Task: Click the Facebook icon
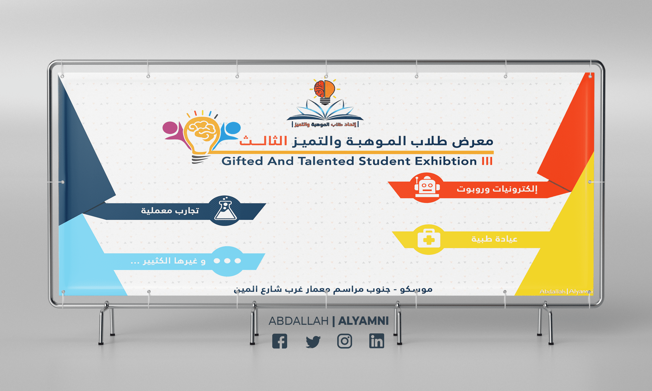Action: [x=280, y=341]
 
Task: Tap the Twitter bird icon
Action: [x=313, y=341]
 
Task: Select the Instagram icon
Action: [x=345, y=341]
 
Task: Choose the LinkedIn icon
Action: [x=377, y=341]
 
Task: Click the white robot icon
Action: [x=427, y=187]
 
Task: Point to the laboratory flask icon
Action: [x=225, y=210]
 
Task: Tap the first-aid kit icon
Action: [x=429, y=239]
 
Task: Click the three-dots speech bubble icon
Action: [x=227, y=261]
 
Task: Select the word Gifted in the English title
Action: [x=242, y=161]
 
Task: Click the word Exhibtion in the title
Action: [x=446, y=161]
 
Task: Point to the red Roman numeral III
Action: [x=487, y=161]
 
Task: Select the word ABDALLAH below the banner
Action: [x=299, y=321]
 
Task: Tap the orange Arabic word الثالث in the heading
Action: [x=263, y=142]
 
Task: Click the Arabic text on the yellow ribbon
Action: [x=494, y=239]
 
